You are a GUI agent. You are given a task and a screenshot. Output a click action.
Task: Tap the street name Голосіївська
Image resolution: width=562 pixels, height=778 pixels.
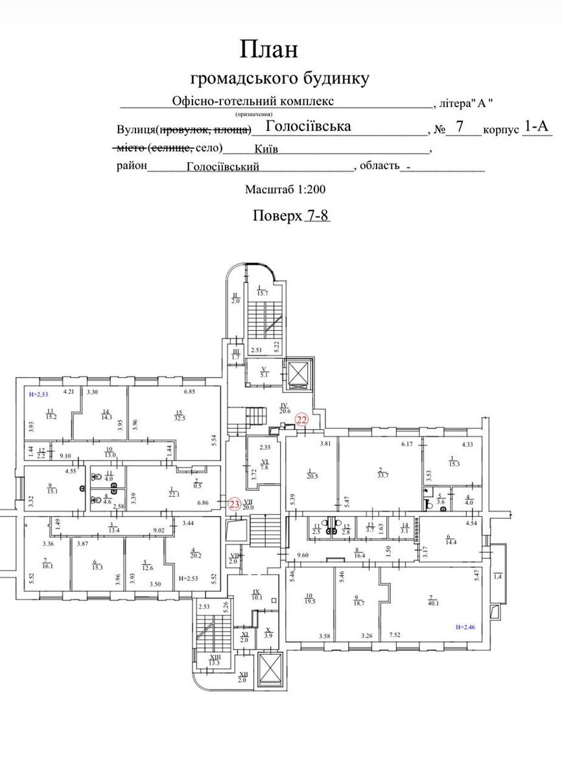click(309, 126)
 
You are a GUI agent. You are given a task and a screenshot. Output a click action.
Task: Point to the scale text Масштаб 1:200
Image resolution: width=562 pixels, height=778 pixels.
click(285, 190)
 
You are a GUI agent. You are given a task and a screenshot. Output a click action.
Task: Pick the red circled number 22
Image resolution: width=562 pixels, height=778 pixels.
click(301, 419)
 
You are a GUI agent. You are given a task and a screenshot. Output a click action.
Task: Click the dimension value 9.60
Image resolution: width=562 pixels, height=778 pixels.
click(303, 556)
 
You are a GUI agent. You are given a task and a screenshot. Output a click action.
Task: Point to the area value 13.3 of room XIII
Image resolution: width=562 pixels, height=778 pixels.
click(215, 663)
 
